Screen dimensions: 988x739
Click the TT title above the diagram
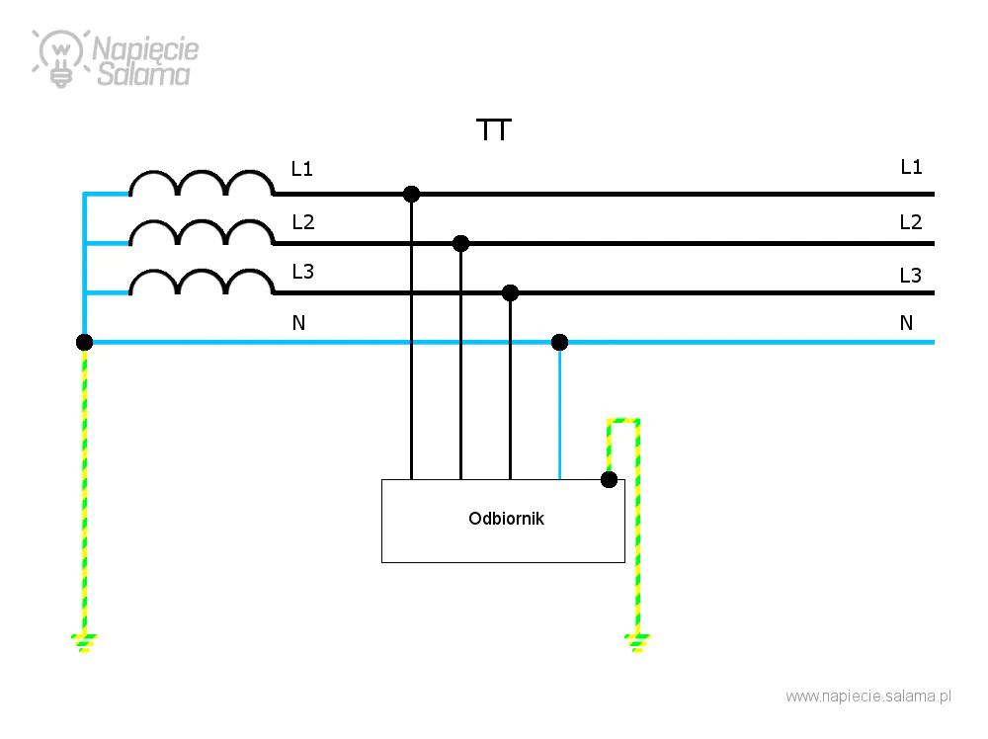click(x=494, y=129)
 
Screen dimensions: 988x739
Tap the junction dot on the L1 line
click(x=411, y=194)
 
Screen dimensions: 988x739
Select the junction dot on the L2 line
click(x=460, y=243)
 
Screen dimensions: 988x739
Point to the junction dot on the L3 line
click(x=511, y=292)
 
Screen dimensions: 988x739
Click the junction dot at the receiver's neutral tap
click(x=559, y=342)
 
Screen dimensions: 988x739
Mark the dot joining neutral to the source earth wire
click(x=84, y=342)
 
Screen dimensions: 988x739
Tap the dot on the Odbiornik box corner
click(x=609, y=479)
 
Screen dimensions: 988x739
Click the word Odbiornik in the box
click(x=506, y=519)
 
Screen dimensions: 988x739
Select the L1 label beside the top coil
click(x=301, y=169)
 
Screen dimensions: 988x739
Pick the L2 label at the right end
click(x=911, y=221)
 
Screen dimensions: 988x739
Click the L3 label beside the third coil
click(x=302, y=272)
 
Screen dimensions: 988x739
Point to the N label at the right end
click(x=906, y=323)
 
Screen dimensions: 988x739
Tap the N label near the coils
click(x=298, y=323)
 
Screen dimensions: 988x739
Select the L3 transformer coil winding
click(x=202, y=271)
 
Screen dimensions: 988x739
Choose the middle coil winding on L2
click(x=202, y=221)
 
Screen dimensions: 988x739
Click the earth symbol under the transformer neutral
click(x=84, y=643)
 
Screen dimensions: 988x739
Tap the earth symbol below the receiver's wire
click(x=637, y=643)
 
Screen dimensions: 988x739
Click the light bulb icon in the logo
click(x=60, y=58)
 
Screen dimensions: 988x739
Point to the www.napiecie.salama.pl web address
click(x=868, y=697)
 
